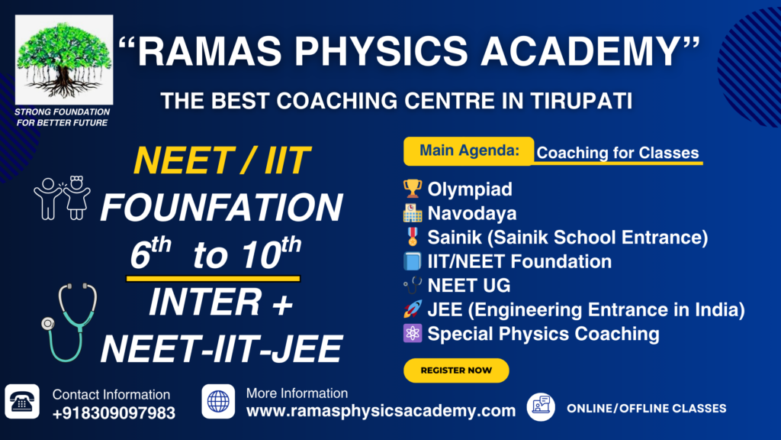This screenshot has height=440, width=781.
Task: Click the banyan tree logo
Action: (64, 60)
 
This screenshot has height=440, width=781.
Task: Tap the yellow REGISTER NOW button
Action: (456, 370)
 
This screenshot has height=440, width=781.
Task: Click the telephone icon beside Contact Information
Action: (22, 402)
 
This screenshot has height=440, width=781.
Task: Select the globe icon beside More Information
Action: (218, 402)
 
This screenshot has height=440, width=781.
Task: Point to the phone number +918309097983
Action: (114, 413)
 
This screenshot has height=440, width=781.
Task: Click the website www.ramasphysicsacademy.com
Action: (381, 410)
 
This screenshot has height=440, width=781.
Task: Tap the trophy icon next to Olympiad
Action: (413, 189)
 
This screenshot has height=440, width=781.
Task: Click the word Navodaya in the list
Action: (471, 214)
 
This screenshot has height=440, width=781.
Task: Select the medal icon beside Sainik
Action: (413, 237)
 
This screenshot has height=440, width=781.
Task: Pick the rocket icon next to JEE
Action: (413, 309)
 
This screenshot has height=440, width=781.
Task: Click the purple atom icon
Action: (413, 333)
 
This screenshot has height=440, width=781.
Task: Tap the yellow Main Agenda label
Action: (469, 150)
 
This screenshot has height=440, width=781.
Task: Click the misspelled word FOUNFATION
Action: (222, 208)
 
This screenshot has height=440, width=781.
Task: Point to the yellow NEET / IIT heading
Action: (222, 160)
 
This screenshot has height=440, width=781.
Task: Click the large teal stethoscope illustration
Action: (69, 322)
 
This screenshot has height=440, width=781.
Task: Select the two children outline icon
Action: (63, 198)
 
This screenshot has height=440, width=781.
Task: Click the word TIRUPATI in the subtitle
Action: (581, 101)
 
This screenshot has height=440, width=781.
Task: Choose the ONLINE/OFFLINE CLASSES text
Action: (647, 408)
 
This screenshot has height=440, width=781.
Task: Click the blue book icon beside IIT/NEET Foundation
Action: (413, 261)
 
